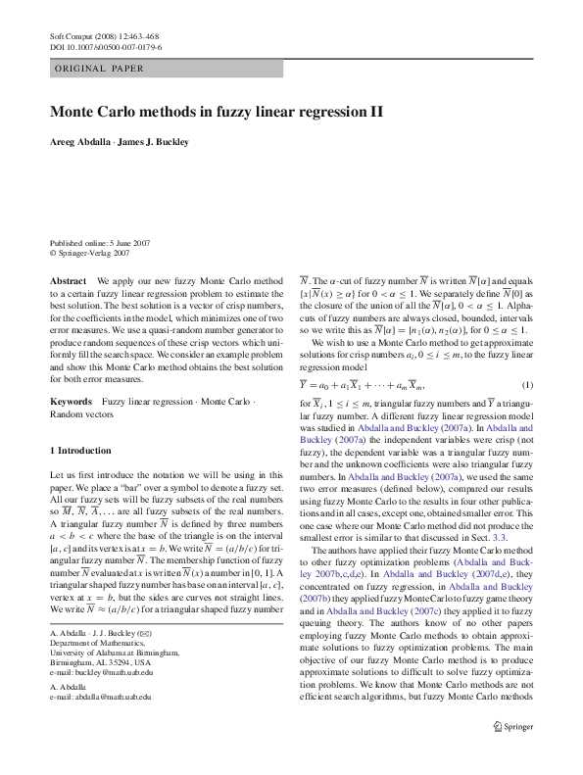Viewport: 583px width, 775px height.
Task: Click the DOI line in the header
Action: click(106, 46)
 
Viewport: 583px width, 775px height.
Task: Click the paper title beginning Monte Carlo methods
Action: click(217, 112)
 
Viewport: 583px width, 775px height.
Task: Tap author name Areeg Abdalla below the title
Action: click(80, 142)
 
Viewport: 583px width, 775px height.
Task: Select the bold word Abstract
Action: click(67, 280)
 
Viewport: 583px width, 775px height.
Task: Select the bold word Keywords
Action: click(71, 403)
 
